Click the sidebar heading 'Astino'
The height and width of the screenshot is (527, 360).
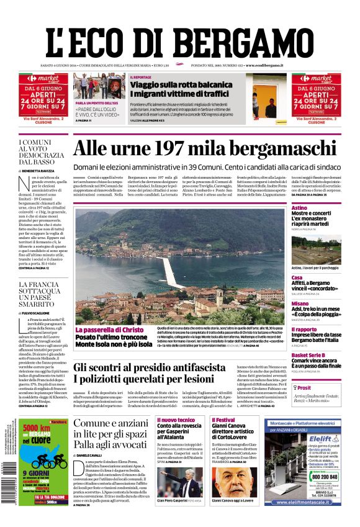[x=299, y=207]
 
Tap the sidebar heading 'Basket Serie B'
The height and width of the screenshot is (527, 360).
[x=308, y=355]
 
